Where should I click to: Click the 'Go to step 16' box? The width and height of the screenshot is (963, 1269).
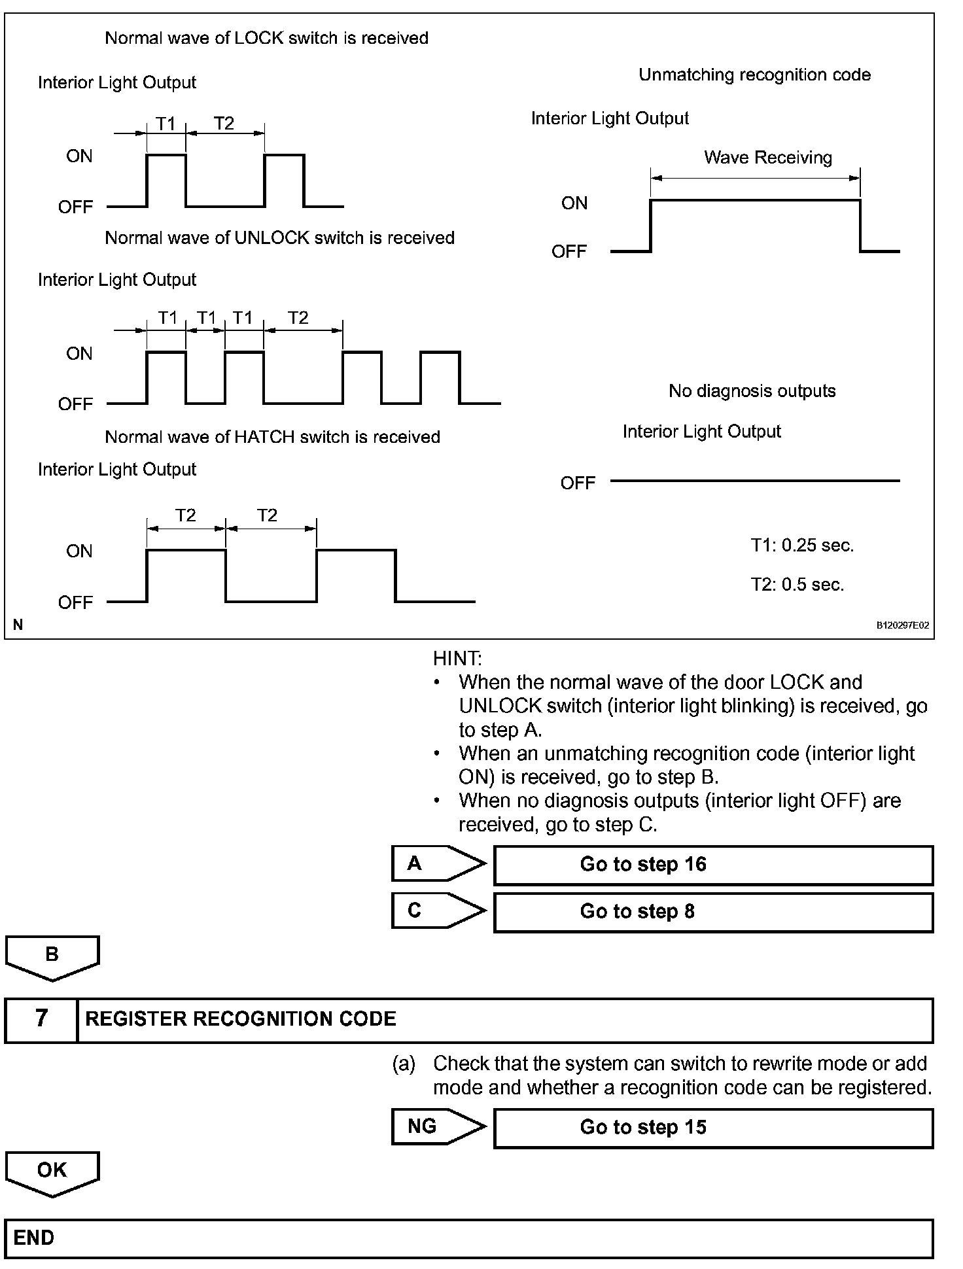tap(713, 865)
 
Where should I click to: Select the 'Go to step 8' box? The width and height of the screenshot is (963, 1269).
tap(713, 912)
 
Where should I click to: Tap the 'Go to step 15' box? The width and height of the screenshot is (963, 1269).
tap(713, 1128)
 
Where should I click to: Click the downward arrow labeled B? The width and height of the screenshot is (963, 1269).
tap(52, 956)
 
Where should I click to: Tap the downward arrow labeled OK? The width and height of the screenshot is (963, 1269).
tap(52, 1172)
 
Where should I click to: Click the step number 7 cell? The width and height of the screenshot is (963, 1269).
tap(41, 1019)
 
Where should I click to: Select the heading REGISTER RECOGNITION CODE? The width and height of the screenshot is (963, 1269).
tap(241, 1019)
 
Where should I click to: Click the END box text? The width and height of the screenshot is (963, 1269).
tap(34, 1238)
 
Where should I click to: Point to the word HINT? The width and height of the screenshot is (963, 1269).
tap(457, 659)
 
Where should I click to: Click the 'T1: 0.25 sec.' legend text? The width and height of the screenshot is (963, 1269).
tap(802, 546)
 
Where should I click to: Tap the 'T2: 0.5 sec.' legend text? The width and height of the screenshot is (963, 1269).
tap(797, 585)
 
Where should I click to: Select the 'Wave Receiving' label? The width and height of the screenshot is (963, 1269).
tap(768, 158)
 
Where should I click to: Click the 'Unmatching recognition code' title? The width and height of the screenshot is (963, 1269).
tap(754, 75)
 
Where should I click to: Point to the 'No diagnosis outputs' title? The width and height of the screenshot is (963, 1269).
tap(752, 391)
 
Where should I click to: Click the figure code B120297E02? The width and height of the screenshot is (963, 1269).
tap(902, 625)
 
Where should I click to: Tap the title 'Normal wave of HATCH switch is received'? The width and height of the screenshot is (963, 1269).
tap(272, 437)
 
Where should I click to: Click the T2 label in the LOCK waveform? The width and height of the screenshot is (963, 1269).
tap(224, 124)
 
